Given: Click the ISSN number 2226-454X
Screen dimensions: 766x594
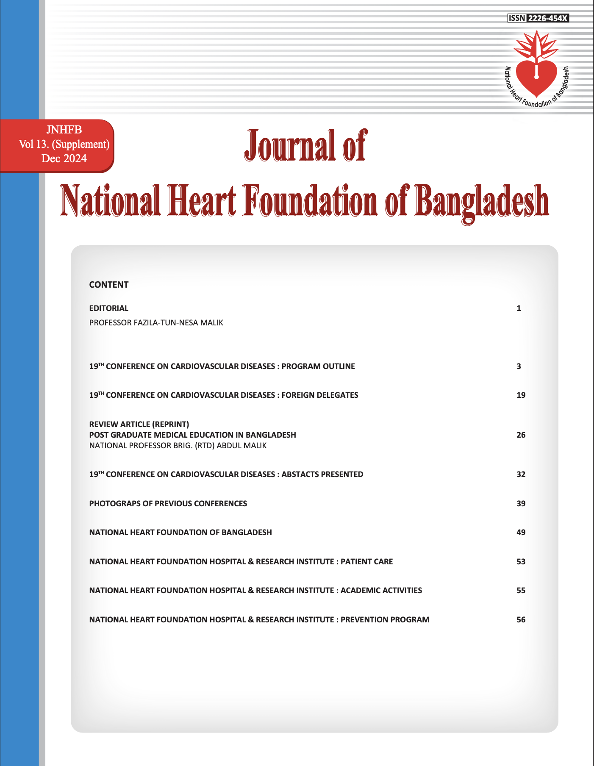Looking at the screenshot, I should tap(547, 18).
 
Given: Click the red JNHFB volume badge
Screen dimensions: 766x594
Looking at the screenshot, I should tap(64, 144).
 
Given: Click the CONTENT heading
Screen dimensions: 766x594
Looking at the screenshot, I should tap(108, 285).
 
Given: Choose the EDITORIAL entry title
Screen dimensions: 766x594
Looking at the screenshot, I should tap(108, 308).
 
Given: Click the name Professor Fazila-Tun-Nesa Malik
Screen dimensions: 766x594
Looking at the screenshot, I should tap(156, 323).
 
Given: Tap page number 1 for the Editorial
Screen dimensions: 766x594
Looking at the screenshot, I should tap(519, 308).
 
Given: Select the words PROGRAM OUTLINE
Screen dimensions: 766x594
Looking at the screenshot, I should tap(318, 366).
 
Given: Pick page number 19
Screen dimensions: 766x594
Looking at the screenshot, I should tap(521, 395).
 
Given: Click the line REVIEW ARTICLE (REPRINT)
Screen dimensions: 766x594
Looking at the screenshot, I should tap(139, 424).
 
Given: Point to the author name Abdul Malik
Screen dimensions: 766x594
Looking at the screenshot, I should tap(241, 446).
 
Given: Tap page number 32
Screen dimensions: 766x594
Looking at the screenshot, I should tap(521, 475).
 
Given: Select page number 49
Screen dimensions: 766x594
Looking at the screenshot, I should tap(521, 533).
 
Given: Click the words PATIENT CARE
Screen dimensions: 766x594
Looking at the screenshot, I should tap(366, 562).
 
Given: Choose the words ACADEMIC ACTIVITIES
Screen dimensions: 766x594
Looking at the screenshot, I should tap(381, 591).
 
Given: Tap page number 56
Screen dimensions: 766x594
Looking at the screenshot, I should tap(521, 620).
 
